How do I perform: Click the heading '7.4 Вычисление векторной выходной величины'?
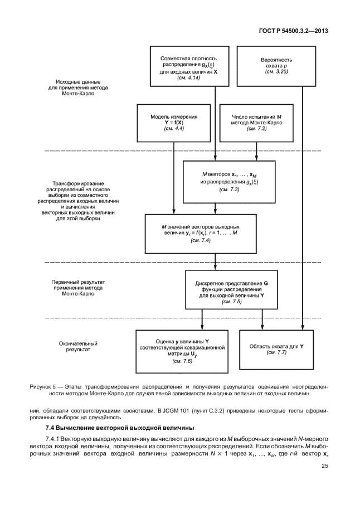[x=119, y=428]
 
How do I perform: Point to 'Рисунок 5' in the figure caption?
[x=46, y=385]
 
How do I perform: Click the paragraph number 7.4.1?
[x=53, y=439]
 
